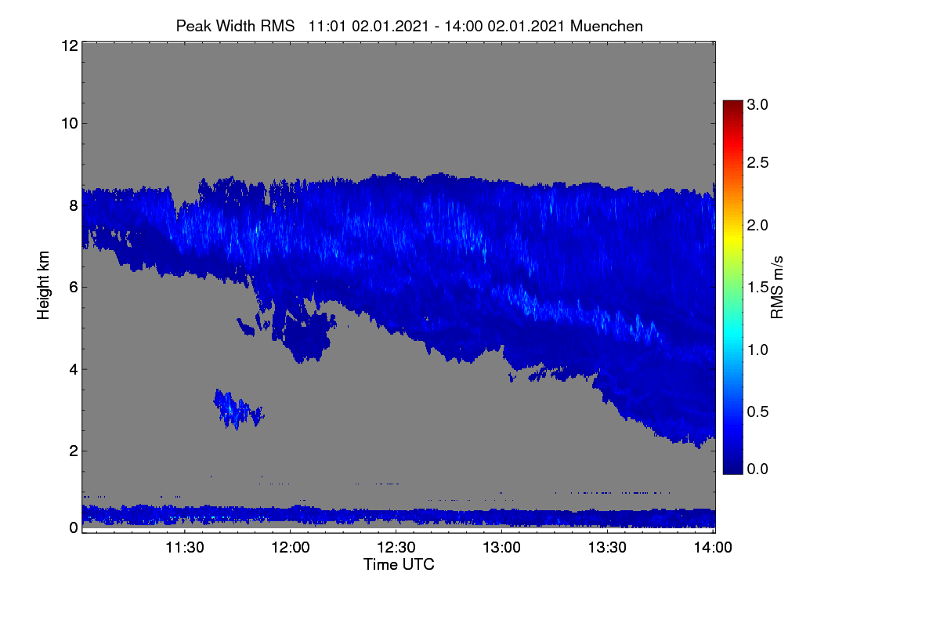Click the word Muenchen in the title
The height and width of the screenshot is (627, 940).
pyautogui.click(x=606, y=26)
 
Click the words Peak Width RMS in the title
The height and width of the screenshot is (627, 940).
pyautogui.click(x=235, y=26)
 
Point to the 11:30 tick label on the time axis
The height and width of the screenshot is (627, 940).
pyautogui.click(x=185, y=547)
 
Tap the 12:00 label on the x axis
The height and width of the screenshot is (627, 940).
pyautogui.click(x=291, y=547)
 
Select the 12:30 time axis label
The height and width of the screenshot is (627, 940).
pyautogui.click(x=396, y=547)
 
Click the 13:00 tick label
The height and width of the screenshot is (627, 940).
pyautogui.click(x=501, y=547)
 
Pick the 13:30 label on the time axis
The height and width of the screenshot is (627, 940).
pyautogui.click(x=607, y=547)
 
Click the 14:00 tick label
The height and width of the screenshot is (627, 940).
pyautogui.click(x=713, y=547)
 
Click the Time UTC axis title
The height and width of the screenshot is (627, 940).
pyautogui.click(x=399, y=564)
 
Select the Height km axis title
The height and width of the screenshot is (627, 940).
pyautogui.click(x=43, y=285)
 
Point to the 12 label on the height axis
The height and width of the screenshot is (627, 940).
pyautogui.click(x=70, y=45)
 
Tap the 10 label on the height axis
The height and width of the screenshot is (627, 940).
pyautogui.click(x=70, y=124)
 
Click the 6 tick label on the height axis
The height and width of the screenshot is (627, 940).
pyautogui.click(x=74, y=288)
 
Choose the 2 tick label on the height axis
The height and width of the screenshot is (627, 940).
pyautogui.click(x=74, y=451)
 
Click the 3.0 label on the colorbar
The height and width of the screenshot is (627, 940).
pyautogui.click(x=757, y=104)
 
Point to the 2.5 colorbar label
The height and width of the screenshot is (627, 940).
pyautogui.click(x=757, y=162)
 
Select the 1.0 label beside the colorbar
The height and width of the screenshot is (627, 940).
pyautogui.click(x=757, y=350)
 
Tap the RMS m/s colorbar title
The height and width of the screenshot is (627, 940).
pyautogui.click(x=777, y=288)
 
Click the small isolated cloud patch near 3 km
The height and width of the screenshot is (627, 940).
pyautogui.click(x=238, y=410)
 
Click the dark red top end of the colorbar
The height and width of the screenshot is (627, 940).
pyautogui.click(x=732, y=103)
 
